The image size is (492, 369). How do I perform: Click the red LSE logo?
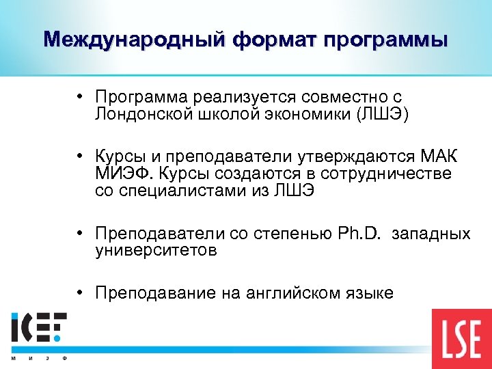click(461, 339)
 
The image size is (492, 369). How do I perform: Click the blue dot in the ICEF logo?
click(59, 337)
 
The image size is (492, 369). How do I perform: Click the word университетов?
click(156, 250)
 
